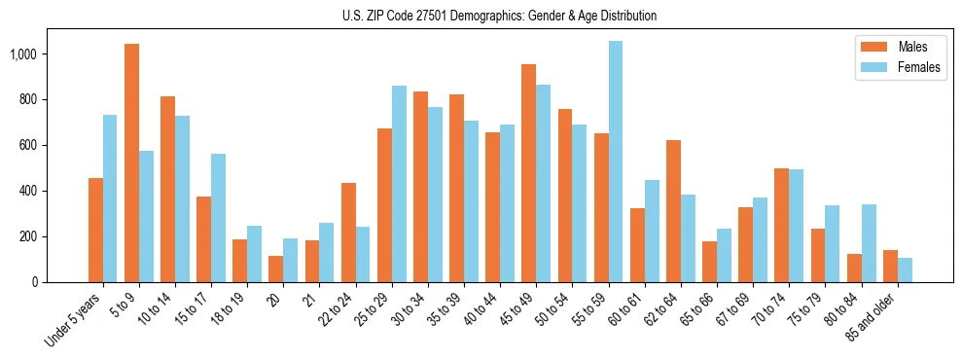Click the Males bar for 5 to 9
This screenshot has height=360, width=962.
point(131,163)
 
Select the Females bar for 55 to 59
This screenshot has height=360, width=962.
point(615,162)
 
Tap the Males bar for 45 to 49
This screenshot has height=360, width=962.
point(528,173)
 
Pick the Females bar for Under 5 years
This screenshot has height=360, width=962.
point(110,198)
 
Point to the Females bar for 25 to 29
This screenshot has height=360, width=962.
point(399,184)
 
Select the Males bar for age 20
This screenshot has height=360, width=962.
point(275,269)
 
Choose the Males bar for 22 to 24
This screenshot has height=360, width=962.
point(348,233)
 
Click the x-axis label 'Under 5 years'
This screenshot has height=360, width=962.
point(75,321)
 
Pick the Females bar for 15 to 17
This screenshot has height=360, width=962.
point(218,218)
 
